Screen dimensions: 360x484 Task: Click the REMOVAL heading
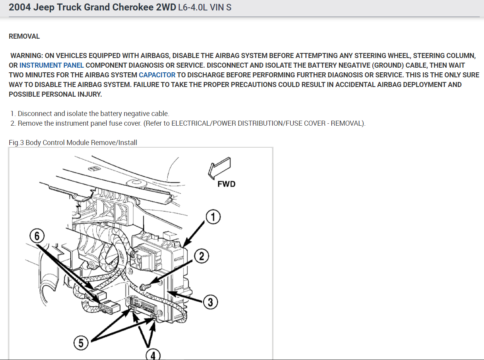click(x=24, y=36)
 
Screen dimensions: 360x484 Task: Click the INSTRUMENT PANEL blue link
click(x=51, y=65)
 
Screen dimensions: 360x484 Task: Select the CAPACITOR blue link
click(x=157, y=75)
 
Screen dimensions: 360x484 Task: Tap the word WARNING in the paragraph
click(x=26, y=56)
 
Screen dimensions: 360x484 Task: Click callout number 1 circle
click(x=213, y=217)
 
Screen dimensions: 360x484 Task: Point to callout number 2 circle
click(x=201, y=256)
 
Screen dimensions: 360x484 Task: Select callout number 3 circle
click(x=210, y=302)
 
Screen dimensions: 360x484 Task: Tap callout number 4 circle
click(x=153, y=355)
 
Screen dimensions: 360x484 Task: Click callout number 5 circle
click(x=81, y=343)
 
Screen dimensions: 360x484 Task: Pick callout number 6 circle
click(x=37, y=235)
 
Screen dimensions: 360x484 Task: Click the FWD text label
click(x=226, y=184)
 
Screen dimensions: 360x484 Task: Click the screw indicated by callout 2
click(x=145, y=287)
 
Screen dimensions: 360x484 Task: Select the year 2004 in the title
click(x=19, y=7)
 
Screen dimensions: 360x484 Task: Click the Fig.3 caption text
click(x=73, y=143)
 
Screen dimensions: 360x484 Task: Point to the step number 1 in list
click(x=13, y=114)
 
